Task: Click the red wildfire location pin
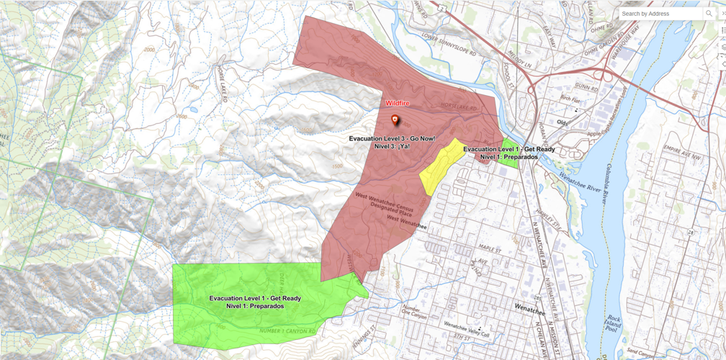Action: tap(395, 120)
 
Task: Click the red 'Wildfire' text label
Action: tap(398, 104)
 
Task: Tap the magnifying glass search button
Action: tap(710, 14)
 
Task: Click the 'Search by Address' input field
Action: tap(660, 14)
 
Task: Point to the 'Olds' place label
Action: tap(563, 122)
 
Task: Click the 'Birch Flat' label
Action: tap(570, 101)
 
